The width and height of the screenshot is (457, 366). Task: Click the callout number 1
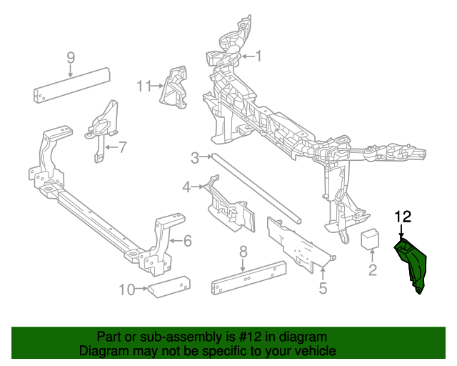click(x=258, y=56)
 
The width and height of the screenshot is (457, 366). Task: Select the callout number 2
click(x=372, y=269)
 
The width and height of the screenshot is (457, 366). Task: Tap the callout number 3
click(x=194, y=157)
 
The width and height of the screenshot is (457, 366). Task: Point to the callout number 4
click(x=187, y=187)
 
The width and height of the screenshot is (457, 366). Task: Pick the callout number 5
click(x=323, y=288)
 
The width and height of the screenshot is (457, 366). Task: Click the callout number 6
click(x=187, y=241)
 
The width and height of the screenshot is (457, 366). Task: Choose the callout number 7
click(x=122, y=148)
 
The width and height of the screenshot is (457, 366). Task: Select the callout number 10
click(x=126, y=290)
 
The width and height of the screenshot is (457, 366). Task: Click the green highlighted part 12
click(x=413, y=264)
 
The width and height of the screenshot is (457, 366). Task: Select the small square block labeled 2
click(x=371, y=239)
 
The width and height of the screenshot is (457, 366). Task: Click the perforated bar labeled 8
click(x=248, y=278)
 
